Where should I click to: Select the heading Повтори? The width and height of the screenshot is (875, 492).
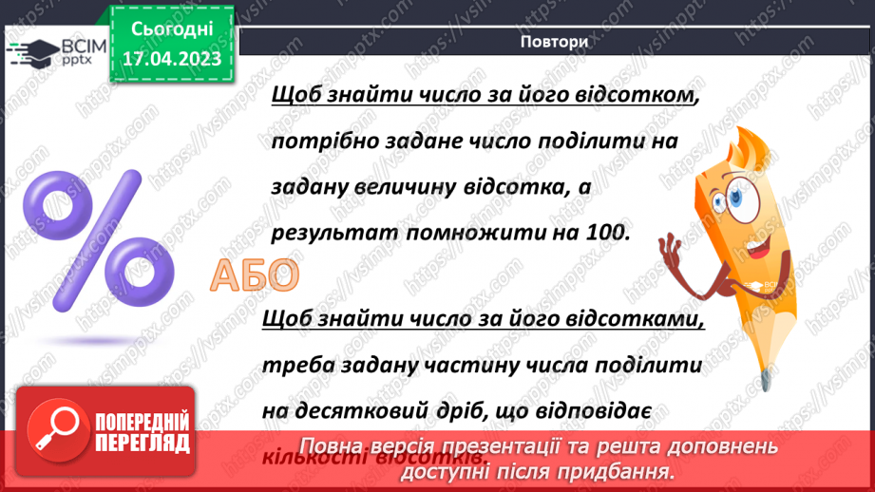(554, 42)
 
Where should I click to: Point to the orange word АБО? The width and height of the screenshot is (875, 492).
(254, 275)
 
